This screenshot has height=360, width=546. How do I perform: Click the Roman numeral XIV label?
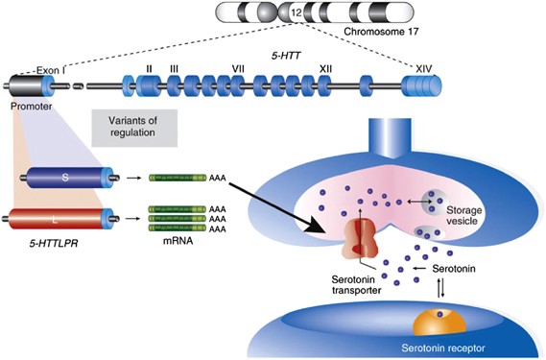click(425, 68)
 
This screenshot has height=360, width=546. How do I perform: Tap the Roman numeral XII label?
click(325, 69)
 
